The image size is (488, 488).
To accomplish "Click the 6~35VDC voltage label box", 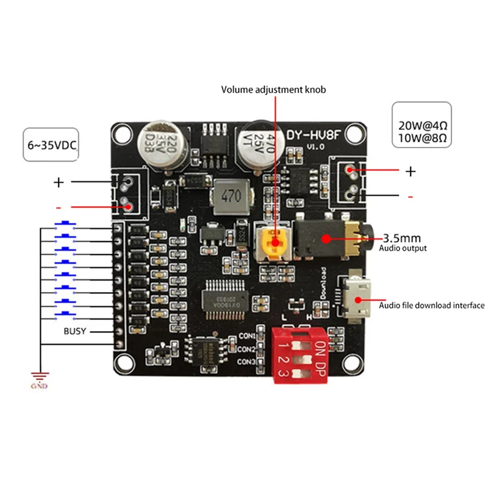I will [x=51, y=145].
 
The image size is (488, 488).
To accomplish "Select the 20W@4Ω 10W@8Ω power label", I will [x=423, y=131].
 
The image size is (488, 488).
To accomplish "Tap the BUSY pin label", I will [x=75, y=331].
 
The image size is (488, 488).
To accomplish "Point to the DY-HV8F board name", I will [x=312, y=136].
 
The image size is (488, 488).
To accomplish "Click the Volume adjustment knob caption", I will [x=273, y=90].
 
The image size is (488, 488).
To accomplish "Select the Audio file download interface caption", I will [x=432, y=306].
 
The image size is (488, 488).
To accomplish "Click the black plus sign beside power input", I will [x=59, y=181].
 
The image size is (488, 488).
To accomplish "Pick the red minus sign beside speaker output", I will [x=410, y=196].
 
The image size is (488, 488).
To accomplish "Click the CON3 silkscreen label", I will [x=246, y=362].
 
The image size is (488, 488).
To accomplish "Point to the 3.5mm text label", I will [x=404, y=237].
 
